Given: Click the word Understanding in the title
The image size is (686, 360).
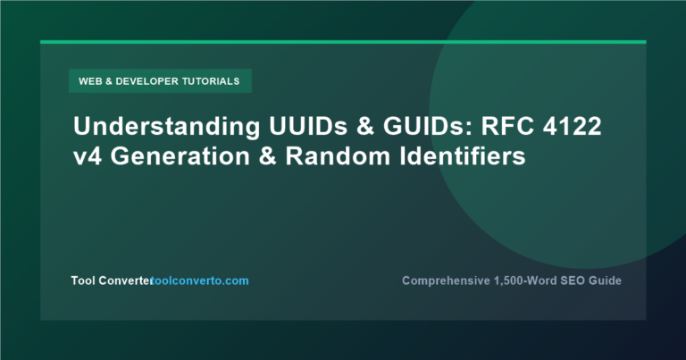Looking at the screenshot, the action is pos(167,127).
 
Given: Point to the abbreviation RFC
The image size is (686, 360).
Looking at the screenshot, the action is pos(507,126).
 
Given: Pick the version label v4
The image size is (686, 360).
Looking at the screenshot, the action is pos(88,156).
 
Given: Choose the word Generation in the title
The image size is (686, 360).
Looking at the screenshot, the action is pos(180,156).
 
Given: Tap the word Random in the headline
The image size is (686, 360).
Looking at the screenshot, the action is pos(338,156).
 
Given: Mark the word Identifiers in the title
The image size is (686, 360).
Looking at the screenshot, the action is pos(463,156).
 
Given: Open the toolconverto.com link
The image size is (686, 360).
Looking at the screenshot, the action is pos(199,280).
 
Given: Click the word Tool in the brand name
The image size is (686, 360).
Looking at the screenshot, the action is pos(83,280).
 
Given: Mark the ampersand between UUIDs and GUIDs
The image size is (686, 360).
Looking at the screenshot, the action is pos(365,126).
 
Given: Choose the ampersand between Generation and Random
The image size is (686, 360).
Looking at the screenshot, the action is pos(268,156).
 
